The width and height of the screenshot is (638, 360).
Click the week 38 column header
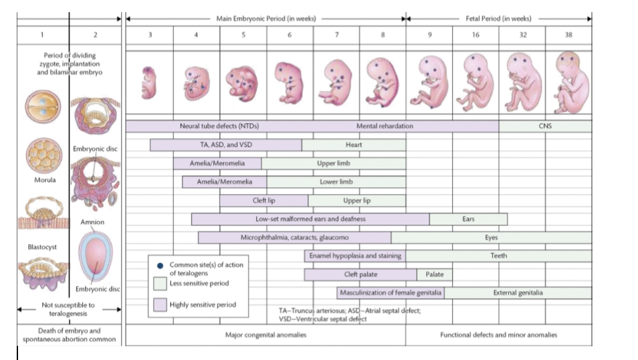coord(568,35)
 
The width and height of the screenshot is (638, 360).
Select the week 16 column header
coord(475,35)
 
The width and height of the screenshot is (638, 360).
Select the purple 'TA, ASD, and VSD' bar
coord(226,145)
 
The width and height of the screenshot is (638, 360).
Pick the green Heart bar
coord(354,145)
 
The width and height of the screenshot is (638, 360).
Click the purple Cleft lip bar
coord(263,200)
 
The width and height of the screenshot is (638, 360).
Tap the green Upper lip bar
coord(356,200)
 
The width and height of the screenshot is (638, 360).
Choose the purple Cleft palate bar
coord(360,274)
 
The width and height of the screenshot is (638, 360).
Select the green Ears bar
coord(468,219)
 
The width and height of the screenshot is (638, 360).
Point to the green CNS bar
coord(545,126)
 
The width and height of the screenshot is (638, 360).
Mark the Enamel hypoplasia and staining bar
coord(354,256)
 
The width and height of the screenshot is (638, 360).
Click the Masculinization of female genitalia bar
coord(391,292)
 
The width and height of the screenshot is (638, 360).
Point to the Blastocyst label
coord(42,247)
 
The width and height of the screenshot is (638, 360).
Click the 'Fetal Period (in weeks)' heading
coord(498,18)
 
